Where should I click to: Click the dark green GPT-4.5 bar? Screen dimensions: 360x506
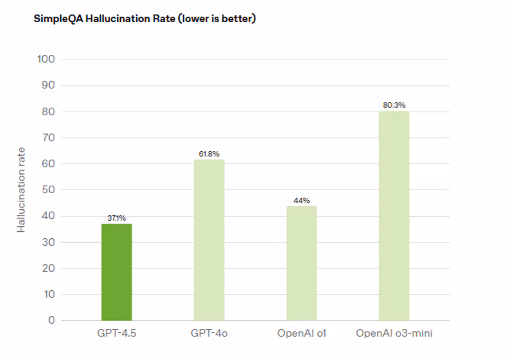[x=117, y=272]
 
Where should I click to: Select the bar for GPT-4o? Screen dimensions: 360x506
[x=209, y=239]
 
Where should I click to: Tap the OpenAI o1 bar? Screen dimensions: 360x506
[x=302, y=263]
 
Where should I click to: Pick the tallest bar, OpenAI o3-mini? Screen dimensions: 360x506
[x=394, y=216]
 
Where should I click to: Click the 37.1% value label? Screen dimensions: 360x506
[x=117, y=218]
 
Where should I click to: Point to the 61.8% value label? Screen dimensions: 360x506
[x=209, y=154]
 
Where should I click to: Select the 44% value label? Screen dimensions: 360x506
[x=302, y=200]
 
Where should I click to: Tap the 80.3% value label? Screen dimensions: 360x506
[x=394, y=105]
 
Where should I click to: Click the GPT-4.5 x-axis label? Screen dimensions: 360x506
[x=117, y=333]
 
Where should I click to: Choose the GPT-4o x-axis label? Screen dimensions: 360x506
[x=209, y=333]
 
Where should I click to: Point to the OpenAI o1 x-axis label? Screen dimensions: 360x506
[x=302, y=333]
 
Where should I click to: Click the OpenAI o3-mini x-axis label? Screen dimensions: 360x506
[x=394, y=333]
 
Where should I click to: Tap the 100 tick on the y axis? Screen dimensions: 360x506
[x=46, y=59]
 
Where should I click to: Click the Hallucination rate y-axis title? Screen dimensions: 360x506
[x=21, y=190]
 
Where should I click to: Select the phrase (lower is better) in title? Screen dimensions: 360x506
[x=217, y=19]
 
